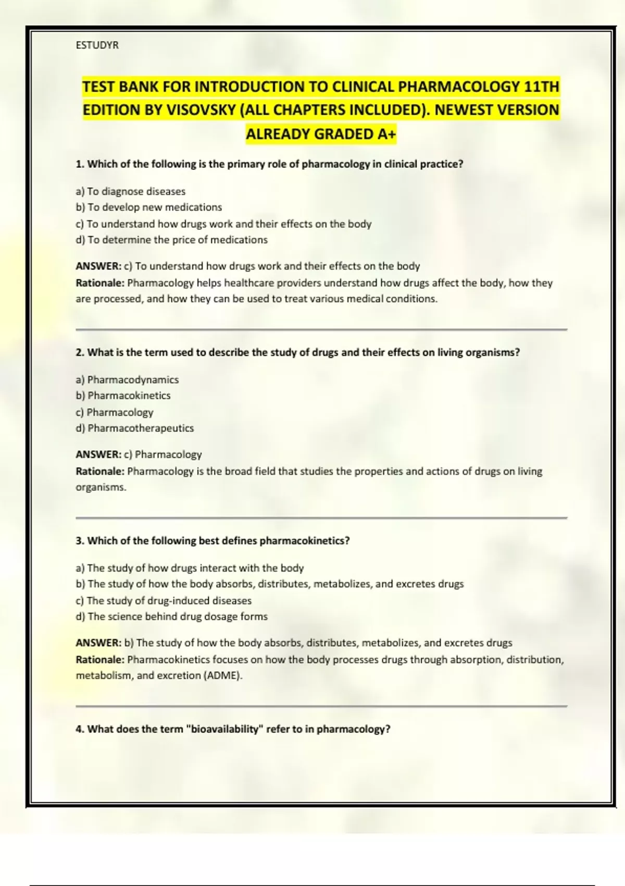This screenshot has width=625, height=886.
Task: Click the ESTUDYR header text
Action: (97, 45)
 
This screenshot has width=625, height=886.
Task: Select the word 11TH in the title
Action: (542, 87)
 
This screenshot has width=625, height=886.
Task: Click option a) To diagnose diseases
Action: (131, 191)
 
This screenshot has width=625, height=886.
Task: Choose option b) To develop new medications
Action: (149, 207)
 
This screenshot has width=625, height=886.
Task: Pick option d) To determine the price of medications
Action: (172, 240)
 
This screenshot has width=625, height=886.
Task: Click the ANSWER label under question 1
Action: (98, 266)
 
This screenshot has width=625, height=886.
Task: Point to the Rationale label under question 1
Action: (100, 283)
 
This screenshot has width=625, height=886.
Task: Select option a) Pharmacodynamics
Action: (127, 379)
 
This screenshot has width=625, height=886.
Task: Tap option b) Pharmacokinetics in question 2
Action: (123, 396)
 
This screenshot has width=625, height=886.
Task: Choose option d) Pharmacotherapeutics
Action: (135, 428)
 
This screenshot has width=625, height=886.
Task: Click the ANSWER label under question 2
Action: (98, 454)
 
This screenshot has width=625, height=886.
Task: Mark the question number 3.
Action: (80, 541)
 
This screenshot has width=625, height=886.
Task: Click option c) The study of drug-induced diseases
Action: (164, 600)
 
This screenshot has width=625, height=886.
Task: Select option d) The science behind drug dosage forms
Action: (172, 617)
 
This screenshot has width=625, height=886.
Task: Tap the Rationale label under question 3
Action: (100, 660)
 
